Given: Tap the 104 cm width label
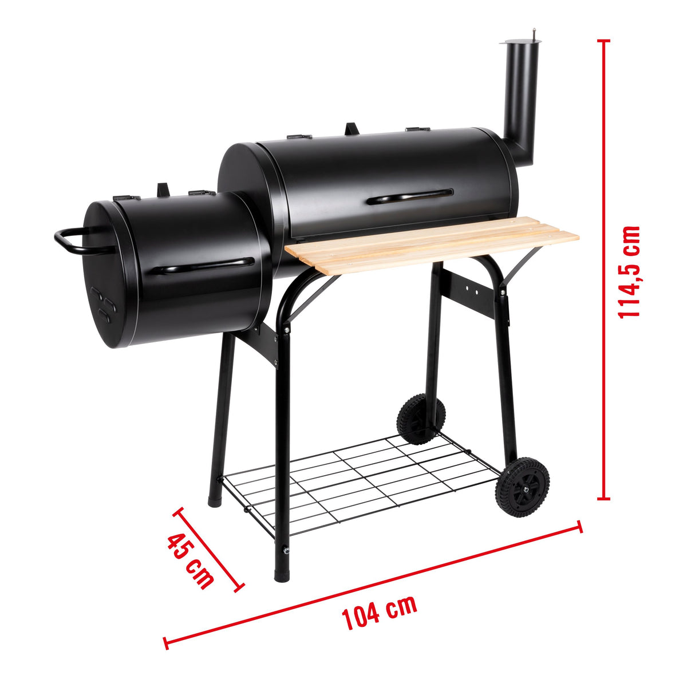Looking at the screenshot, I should [x=379, y=611].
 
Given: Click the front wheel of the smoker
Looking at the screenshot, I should [x=522, y=487].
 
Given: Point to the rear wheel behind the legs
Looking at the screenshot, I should [x=420, y=418].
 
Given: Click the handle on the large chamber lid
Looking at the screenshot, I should [x=410, y=198].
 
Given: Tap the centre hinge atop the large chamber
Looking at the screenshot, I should [x=350, y=129].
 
